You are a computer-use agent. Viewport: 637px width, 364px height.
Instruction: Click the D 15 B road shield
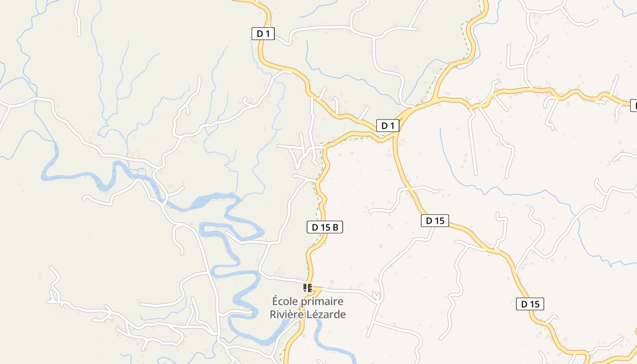point(325,227)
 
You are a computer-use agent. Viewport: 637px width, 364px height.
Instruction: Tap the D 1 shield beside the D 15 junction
point(388,126)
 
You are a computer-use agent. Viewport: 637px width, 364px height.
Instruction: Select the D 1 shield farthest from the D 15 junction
point(263,33)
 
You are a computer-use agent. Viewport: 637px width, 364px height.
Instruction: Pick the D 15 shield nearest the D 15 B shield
point(435,221)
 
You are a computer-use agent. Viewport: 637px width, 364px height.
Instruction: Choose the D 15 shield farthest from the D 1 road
point(530,304)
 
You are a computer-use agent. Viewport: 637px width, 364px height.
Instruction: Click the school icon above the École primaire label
point(308,288)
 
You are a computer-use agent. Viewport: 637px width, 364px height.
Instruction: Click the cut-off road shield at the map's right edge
point(634,106)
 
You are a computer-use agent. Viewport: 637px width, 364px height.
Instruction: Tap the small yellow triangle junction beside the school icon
point(316,289)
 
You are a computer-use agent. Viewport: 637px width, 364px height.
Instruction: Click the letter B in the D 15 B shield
point(335,227)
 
